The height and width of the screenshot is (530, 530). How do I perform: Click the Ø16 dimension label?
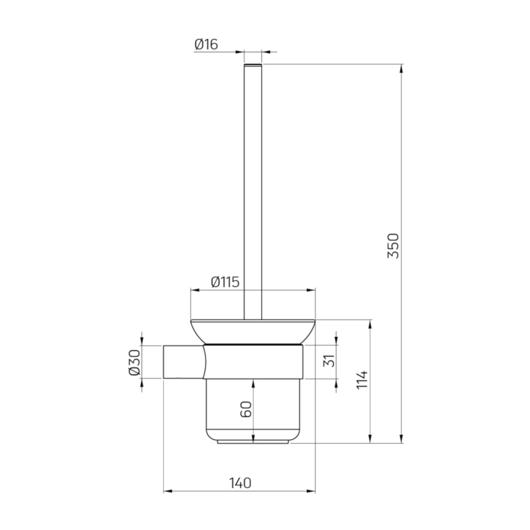[206, 45]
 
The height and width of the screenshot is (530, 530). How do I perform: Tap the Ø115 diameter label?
[225, 282]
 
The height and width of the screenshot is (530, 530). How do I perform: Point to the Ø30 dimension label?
[134, 362]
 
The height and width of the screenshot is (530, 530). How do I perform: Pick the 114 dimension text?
[362, 380]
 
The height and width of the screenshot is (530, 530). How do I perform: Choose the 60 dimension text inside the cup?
[246, 409]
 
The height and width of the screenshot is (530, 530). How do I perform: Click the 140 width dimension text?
[240, 483]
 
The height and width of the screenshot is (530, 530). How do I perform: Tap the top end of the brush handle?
[253, 65]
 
